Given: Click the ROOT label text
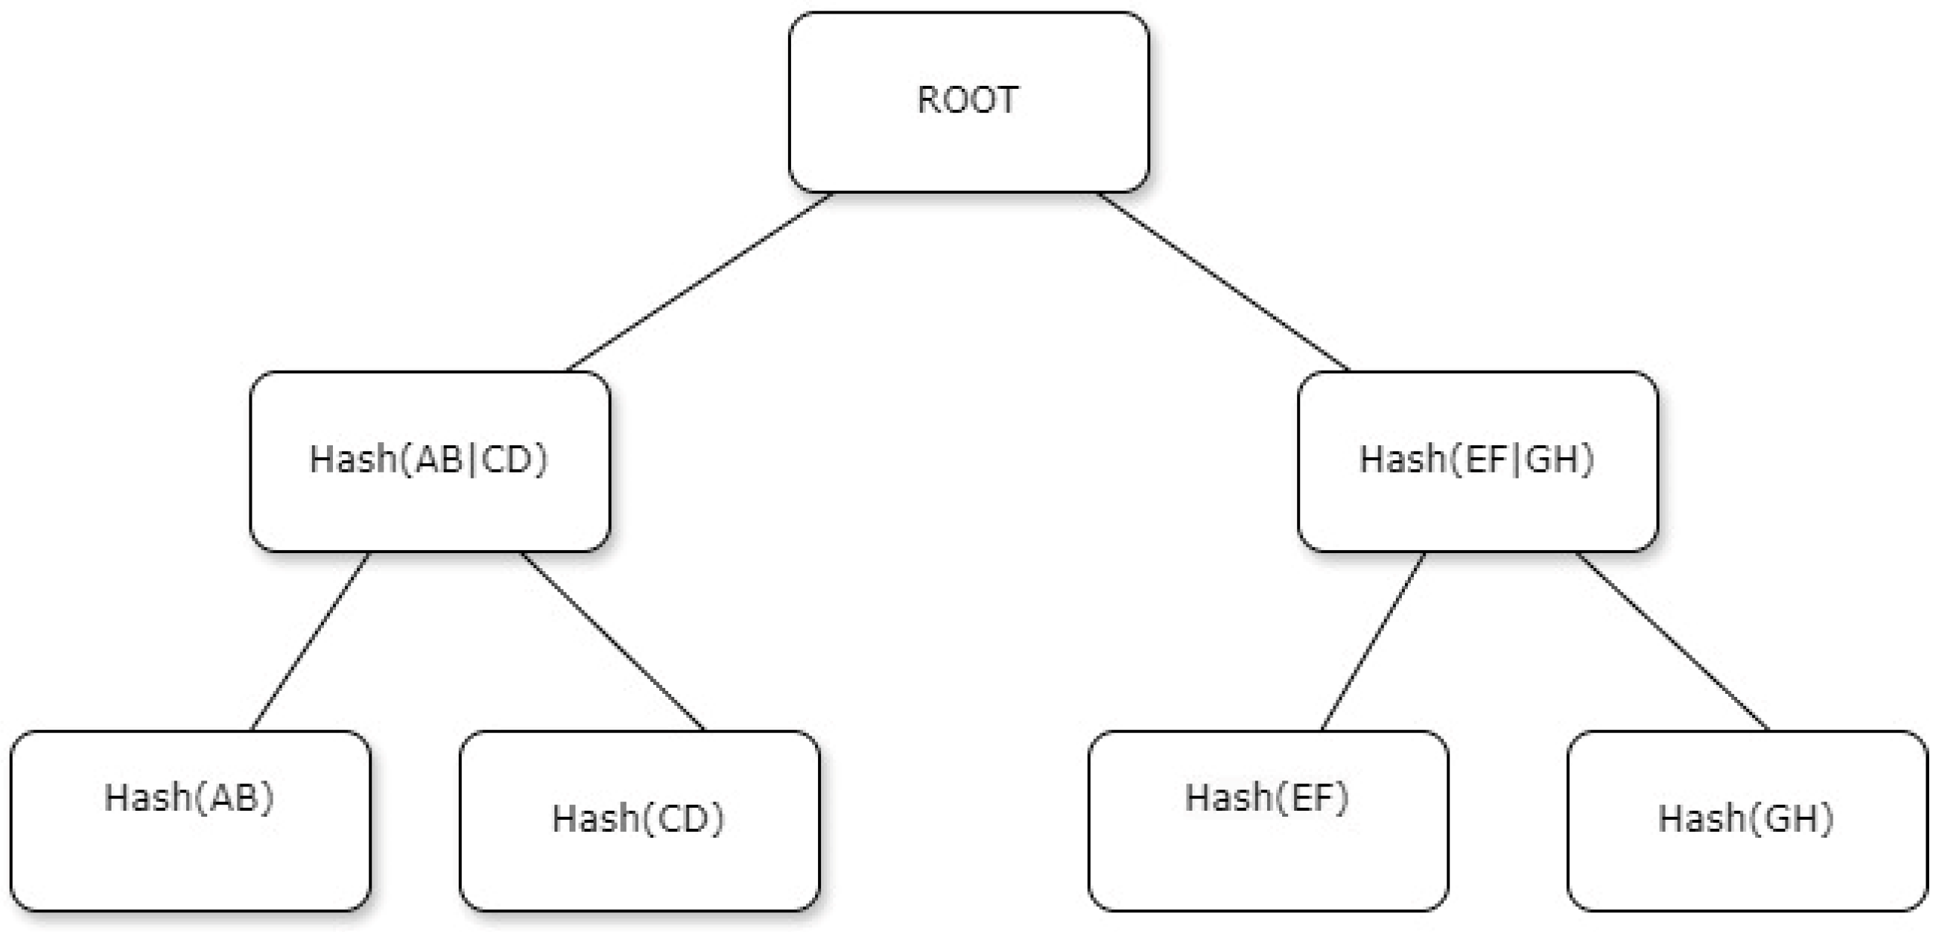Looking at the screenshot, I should [967, 100].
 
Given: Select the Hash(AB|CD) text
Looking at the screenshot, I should [428, 459].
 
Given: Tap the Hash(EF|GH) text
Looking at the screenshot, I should [1476, 459].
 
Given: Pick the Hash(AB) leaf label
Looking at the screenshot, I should [189, 797].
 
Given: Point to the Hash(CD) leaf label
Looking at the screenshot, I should [638, 818].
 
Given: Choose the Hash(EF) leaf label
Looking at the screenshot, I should [1266, 797].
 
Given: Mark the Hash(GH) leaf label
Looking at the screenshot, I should [1745, 818].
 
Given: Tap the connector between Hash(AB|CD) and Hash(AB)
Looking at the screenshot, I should [310, 641].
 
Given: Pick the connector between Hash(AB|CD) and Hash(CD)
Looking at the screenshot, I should [613, 641].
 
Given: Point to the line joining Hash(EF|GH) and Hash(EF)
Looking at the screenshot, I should [1373, 641].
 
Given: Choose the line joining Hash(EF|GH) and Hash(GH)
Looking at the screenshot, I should [1672, 641].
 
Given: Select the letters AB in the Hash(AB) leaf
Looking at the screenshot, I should [234, 798].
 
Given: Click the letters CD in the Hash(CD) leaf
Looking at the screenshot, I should [682, 819].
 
